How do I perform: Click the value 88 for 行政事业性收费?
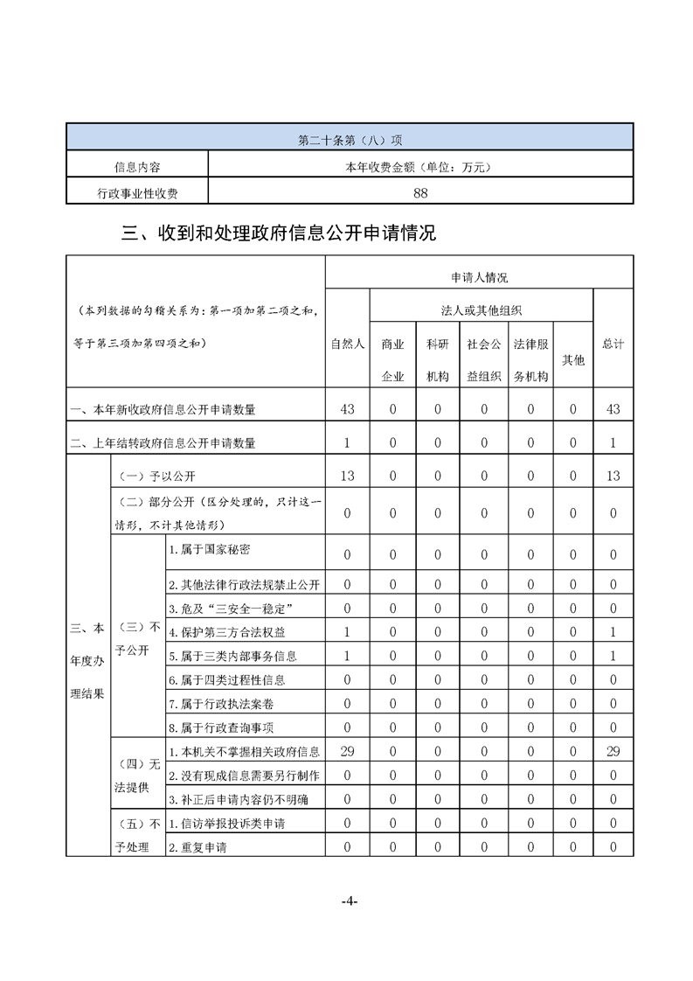[x=420, y=192]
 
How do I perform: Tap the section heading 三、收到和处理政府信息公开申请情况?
[x=279, y=233]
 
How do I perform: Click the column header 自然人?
[x=347, y=344]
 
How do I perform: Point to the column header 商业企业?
[x=392, y=359]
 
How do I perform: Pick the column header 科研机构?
[x=438, y=359]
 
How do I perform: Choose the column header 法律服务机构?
[x=530, y=359]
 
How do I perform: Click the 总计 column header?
[x=613, y=344]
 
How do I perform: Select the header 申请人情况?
[x=479, y=277]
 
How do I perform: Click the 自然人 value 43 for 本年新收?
[x=347, y=409]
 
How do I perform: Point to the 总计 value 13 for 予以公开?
[x=613, y=476]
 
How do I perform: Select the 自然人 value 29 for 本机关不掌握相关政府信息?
[x=347, y=751]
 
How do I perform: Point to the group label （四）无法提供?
[x=138, y=775]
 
